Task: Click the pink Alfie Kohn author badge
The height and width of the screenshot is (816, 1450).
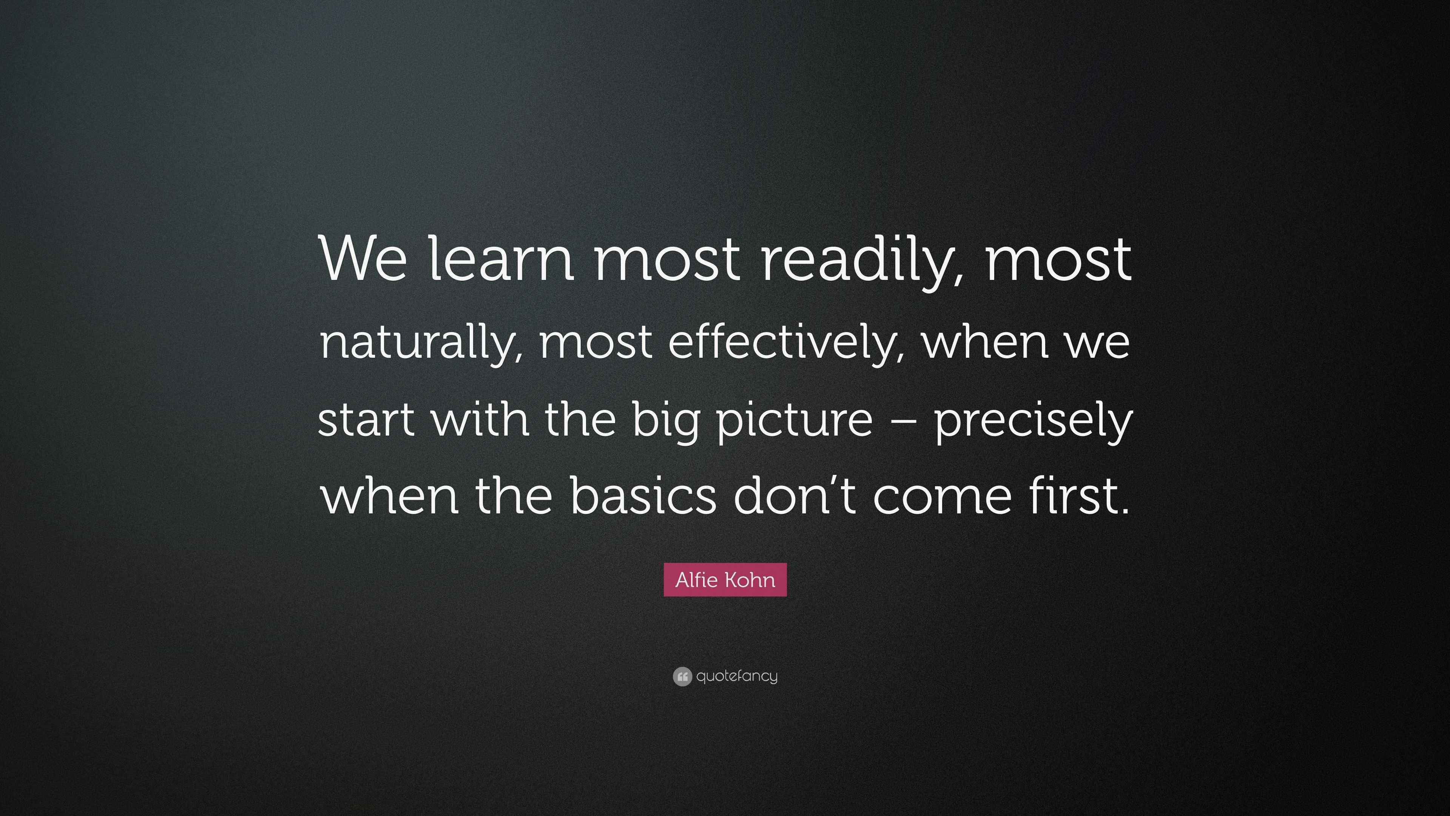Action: click(725, 580)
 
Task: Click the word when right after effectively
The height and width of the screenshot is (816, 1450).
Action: click(985, 343)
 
